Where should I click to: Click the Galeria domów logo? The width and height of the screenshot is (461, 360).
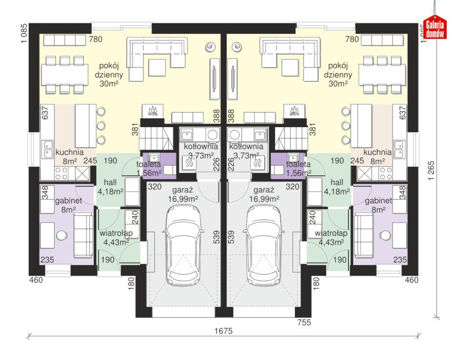(435, 27)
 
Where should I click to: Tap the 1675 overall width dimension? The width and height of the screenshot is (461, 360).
(224, 331)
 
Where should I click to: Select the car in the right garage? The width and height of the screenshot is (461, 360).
(264, 245)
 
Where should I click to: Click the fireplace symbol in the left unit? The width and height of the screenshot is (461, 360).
(152, 111)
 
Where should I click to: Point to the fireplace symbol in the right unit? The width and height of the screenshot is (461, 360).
(294, 111)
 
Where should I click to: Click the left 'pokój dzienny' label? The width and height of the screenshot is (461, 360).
(109, 75)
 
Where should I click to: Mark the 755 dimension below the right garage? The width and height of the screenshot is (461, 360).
(304, 322)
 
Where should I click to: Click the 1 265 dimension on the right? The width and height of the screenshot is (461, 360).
(431, 170)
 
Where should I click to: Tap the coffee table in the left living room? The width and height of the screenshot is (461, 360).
(157, 68)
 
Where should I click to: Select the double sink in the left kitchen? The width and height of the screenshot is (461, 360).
(48, 149)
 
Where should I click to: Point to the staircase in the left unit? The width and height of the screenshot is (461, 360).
(156, 139)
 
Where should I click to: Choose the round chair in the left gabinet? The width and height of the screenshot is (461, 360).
(62, 235)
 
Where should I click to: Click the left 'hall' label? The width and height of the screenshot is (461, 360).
(110, 187)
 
